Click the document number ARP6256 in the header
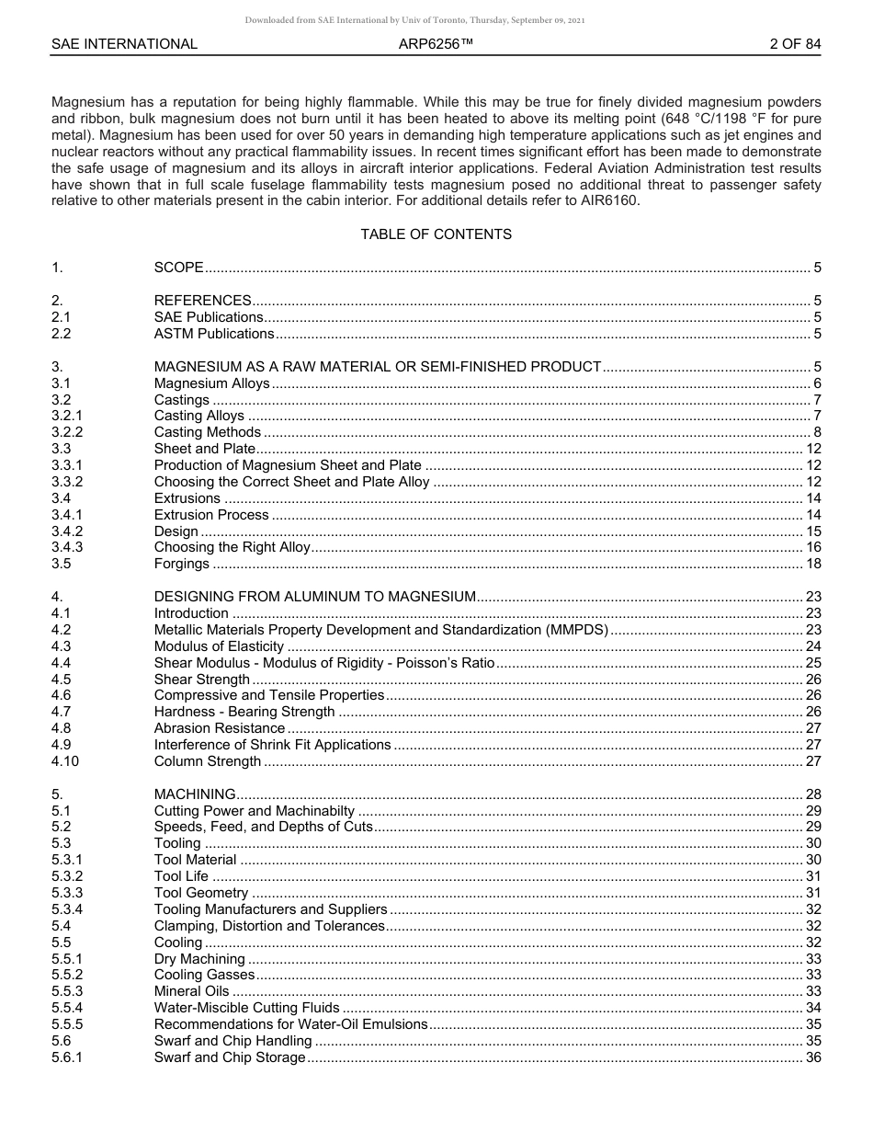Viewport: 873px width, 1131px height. click(436, 43)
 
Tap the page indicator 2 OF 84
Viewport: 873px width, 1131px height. click(795, 43)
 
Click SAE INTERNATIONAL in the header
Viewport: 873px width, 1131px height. click(124, 43)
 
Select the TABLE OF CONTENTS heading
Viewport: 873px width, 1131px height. click(436, 234)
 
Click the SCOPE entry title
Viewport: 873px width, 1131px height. click(178, 268)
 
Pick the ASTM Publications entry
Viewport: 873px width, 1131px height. click(213, 334)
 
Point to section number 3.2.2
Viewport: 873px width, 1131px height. click(67, 432)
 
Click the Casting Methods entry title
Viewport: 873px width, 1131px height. click(208, 432)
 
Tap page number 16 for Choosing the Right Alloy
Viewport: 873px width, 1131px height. click(812, 547)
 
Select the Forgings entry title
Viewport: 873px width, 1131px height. click(181, 564)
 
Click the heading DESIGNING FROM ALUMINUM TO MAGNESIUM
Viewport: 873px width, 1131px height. click(314, 597)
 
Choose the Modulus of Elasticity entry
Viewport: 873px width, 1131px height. click(219, 646)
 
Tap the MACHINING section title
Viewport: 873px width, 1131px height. click(195, 794)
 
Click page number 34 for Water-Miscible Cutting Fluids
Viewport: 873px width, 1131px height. click(812, 1008)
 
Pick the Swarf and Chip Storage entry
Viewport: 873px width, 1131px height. click(229, 1057)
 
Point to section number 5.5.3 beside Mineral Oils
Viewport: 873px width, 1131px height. click(67, 991)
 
